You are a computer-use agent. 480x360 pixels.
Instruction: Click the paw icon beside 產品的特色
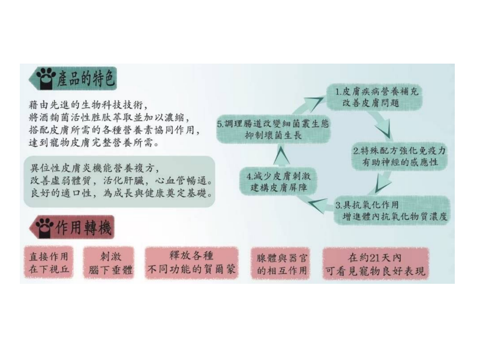46,79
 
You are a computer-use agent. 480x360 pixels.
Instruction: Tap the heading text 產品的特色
86,79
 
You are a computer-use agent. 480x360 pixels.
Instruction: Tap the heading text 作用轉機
83,227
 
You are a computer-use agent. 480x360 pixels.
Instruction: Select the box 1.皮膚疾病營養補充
374,97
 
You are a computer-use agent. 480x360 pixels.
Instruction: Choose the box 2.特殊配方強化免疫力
399,156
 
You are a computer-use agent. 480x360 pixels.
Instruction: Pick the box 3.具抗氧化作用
392,211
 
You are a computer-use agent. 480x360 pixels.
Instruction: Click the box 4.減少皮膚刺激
278,181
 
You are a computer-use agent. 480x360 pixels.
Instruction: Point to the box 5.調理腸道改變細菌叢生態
273,129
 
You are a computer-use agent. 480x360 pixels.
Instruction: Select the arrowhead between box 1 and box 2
384,130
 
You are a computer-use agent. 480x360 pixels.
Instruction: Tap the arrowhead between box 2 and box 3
383,184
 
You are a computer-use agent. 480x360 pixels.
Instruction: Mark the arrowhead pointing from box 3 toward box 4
317,205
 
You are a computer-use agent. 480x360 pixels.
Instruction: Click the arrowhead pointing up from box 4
281,156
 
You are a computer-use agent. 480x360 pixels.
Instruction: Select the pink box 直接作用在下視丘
49,262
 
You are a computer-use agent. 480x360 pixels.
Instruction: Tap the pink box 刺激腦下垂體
110,262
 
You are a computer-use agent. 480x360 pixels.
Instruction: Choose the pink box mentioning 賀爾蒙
191,263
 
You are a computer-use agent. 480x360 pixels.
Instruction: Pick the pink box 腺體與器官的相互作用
281,263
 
